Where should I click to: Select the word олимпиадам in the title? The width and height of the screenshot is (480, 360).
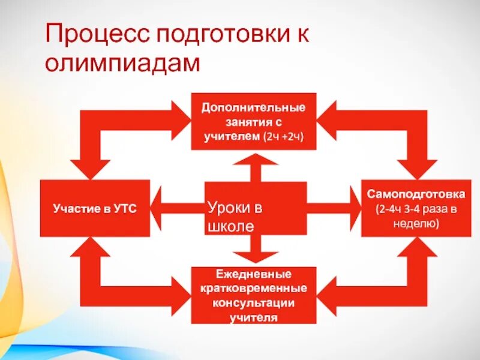(122, 63)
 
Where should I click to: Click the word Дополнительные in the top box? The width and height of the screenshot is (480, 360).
(253, 108)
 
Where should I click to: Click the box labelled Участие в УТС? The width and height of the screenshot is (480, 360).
(95, 208)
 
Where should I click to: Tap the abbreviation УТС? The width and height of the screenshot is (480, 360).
(124, 209)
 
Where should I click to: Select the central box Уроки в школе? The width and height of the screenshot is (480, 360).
(256, 209)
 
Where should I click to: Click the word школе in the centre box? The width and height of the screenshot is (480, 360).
(227, 227)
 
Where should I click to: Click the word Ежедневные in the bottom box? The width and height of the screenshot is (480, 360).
(253, 274)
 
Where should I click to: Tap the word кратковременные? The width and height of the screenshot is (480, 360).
(253, 289)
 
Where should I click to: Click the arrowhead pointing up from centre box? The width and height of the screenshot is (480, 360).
(256, 160)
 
